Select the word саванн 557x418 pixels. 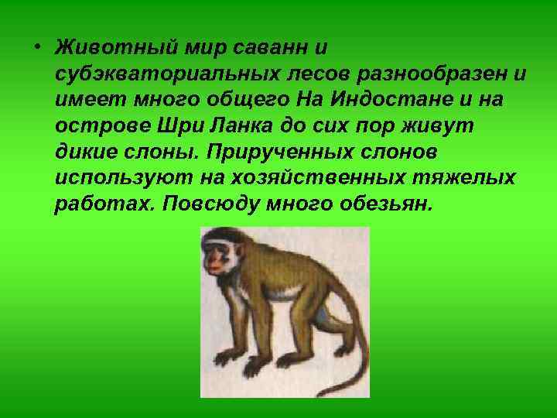click(273, 46)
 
